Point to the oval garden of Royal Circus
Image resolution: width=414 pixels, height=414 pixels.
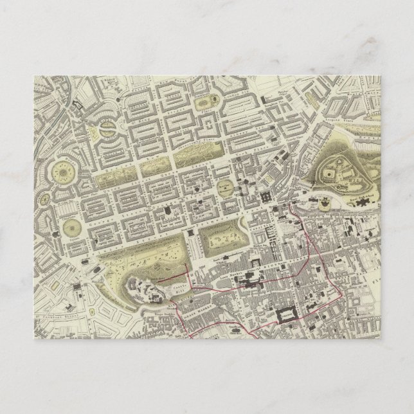point(105,133)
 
